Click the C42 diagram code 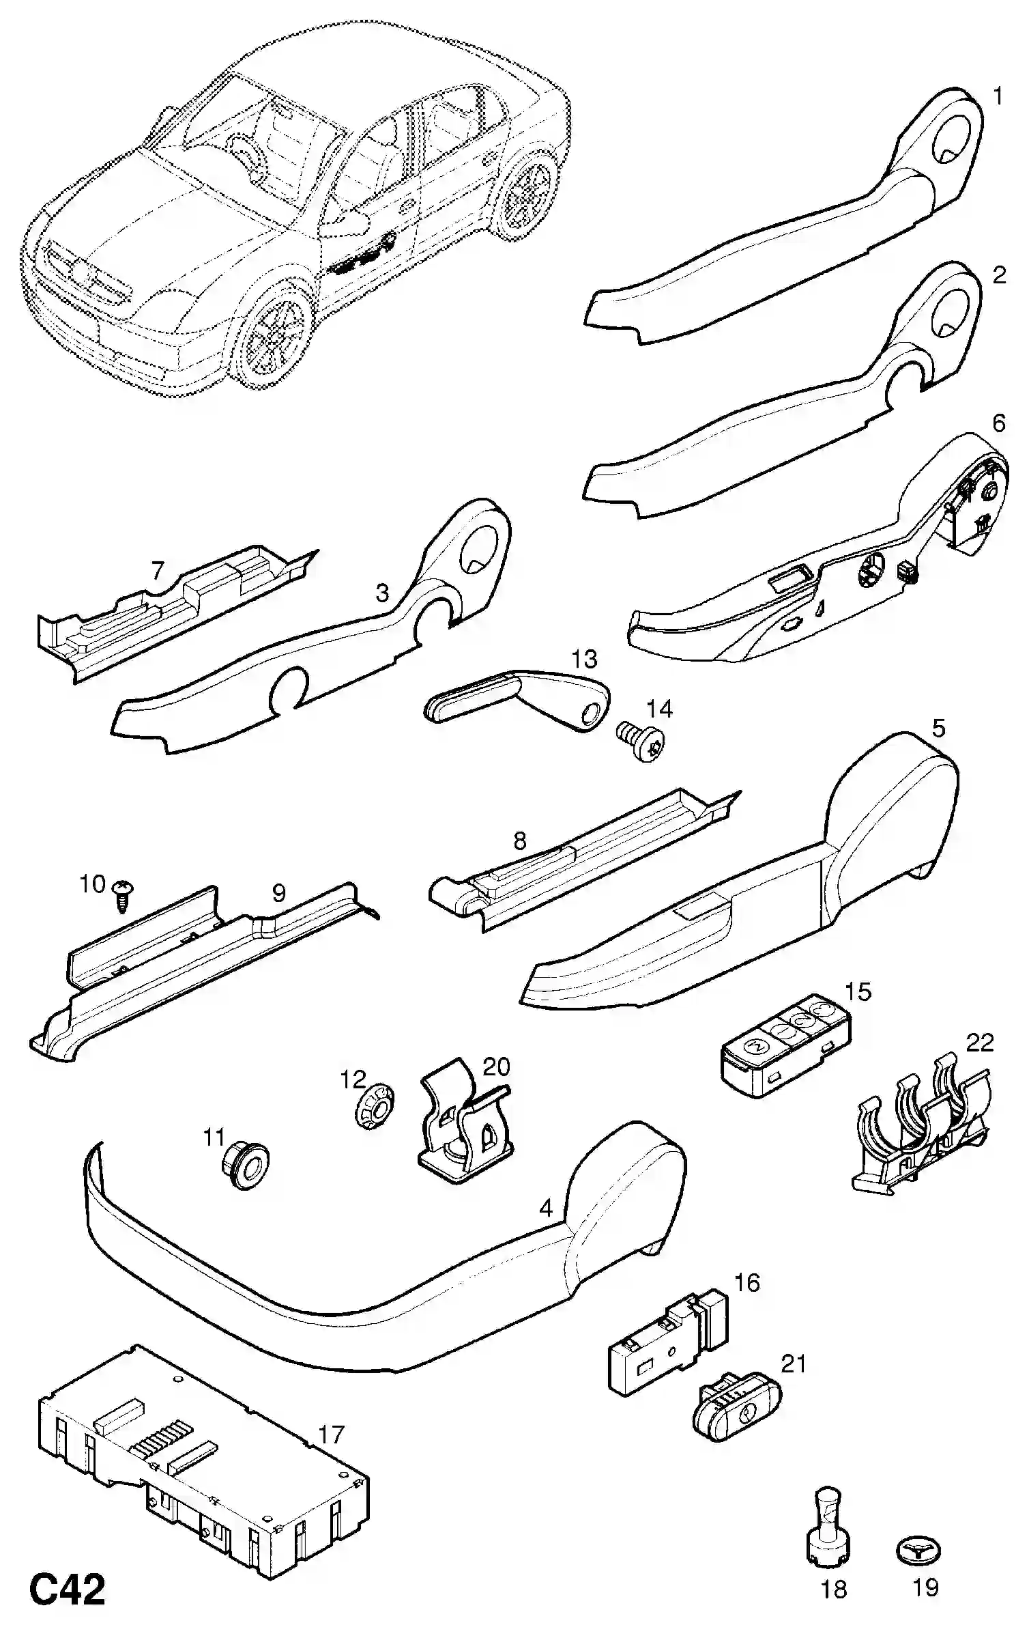(x=68, y=1589)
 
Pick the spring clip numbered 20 (x=464, y=1127)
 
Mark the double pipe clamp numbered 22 (x=921, y=1140)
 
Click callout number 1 (x=998, y=97)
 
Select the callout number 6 (x=998, y=423)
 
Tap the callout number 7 (x=158, y=569)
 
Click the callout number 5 (x=939, y=729)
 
